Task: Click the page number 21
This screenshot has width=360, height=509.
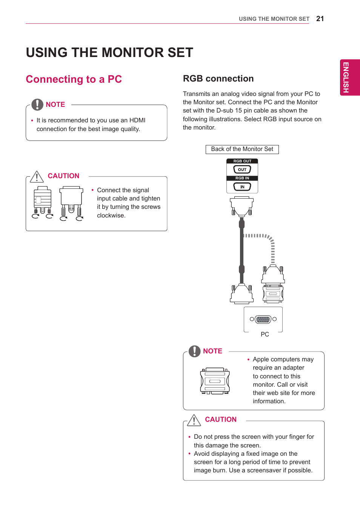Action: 320,19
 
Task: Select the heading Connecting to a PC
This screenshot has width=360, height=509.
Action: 74,79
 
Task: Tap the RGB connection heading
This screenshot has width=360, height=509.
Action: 218,79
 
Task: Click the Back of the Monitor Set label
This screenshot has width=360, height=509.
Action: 242,149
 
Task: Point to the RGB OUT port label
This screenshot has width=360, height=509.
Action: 242,161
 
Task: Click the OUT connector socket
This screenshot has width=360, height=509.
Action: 242,170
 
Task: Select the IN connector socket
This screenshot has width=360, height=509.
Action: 242,187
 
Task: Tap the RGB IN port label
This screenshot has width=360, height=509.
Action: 242,178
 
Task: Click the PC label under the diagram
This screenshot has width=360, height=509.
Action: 265,334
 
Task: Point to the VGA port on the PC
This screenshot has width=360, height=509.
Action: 263,319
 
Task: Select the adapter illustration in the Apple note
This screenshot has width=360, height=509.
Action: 215,381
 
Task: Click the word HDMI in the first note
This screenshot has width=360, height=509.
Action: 137,120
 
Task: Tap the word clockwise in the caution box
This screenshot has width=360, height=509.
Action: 111,215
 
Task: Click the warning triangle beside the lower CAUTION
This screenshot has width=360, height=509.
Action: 194,420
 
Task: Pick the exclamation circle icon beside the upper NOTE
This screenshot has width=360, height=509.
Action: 37,104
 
